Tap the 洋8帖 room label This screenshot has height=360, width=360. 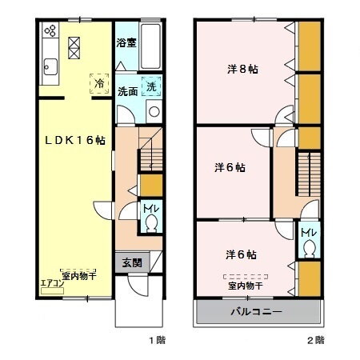[238, 69]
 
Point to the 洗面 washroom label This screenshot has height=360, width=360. [126, 90]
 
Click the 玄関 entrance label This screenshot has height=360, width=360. [132, 263]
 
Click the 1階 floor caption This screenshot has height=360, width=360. [157, 341]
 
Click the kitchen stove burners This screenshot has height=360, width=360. [50, 32]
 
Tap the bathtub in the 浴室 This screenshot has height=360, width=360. [151, 40]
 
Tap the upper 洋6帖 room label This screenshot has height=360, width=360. [229, 168]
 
